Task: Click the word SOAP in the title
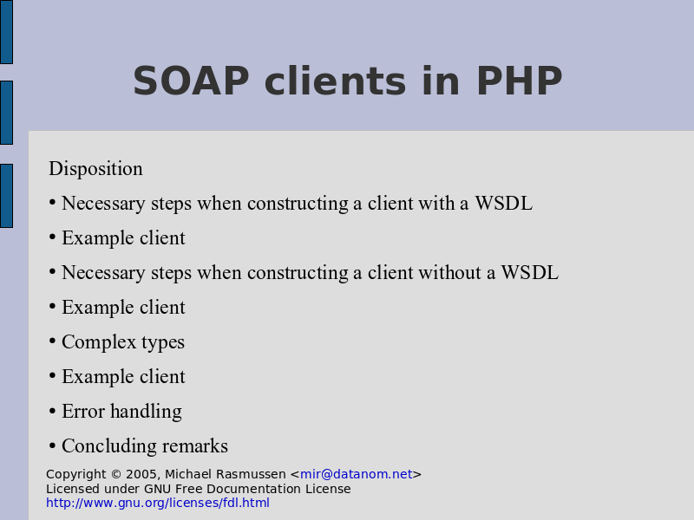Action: coord(191,81)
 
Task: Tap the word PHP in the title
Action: coord(519,81)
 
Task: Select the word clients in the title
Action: coord(335,81)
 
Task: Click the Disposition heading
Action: coord(95,168)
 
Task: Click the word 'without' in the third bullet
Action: coord(449,272)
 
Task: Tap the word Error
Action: coord(83,411)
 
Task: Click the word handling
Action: coord(146,411)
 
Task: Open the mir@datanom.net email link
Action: coord(357,474)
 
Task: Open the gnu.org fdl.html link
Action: coord(158,503)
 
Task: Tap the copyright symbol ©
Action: coord(116,474)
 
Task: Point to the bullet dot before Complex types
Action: coord(52,341)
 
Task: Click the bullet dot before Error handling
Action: coord(52,411)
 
